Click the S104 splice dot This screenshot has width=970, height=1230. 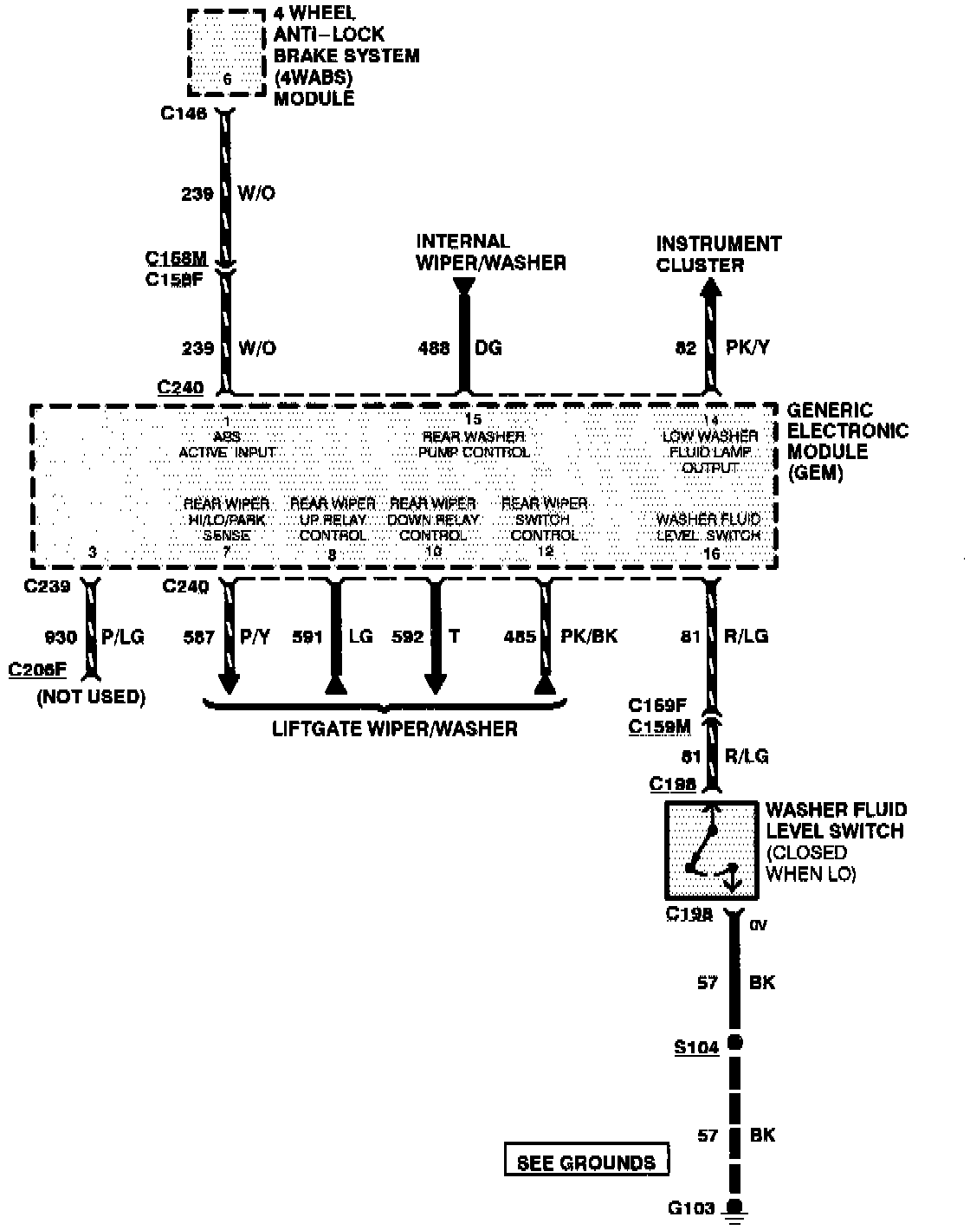[735, 1043]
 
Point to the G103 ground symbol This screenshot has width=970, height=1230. [736, 1211]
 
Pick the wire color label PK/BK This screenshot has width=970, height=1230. [589, 637]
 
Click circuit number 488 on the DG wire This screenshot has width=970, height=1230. [434, 348]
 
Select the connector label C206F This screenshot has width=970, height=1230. [37, 669]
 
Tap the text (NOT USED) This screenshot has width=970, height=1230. [91, 696]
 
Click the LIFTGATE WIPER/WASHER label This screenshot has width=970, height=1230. [394, 728]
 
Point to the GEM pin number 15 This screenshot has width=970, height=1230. [473, 419]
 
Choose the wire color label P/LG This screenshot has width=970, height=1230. [123, 637]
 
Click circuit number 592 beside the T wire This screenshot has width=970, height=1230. [407, 637]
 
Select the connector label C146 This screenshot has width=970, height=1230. [184, 113]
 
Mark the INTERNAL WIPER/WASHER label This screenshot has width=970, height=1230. [490, 252]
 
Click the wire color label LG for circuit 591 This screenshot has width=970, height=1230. [360, 637]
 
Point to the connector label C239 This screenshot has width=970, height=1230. [48, 586]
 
